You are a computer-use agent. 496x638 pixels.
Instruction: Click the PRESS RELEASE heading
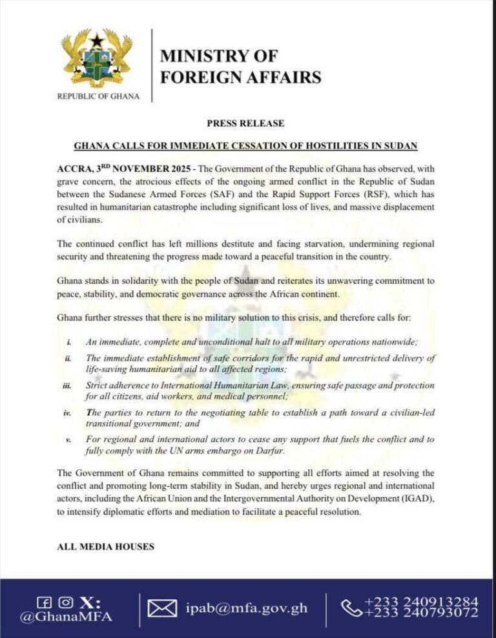coord(245,123)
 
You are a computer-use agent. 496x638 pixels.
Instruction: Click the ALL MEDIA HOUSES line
coord(106,547)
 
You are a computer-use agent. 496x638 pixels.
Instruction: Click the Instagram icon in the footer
coord(65,602)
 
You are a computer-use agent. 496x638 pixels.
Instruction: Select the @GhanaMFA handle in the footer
coord(67,617)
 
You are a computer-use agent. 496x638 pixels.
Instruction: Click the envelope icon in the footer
coord(163,608)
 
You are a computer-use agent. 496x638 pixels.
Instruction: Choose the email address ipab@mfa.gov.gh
coord(245,608)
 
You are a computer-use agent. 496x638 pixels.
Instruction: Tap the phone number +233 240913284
coord(421,602)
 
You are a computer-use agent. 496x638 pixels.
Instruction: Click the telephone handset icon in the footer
coord(352,608)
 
